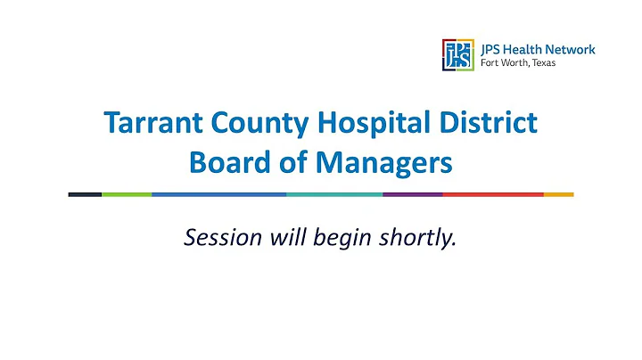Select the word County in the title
(244, 124)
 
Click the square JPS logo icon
(457, 54)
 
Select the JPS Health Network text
(538, 49)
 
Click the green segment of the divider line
(127, 193)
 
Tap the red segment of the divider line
(492, 193)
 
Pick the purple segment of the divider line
(412, 193)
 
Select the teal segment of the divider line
(334, 193)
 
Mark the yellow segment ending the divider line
(558, 193)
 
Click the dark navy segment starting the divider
(85, 193)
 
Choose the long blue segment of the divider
(218, 193)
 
